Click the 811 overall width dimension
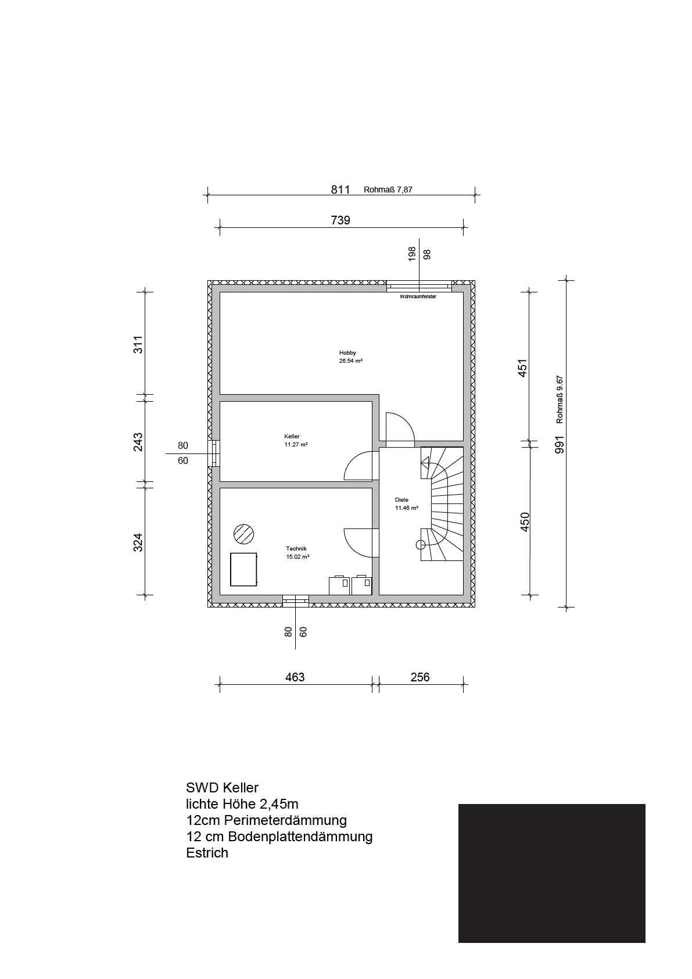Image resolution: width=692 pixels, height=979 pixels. (x=340, y=190)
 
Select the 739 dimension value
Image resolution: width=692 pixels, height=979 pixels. (x=340, y=220)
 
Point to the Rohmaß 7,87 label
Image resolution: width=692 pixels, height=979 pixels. (x=388, y=190)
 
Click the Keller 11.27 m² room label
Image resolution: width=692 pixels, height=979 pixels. (x=296, y=440)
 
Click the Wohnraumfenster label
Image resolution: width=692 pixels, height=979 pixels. (x=418, y=296)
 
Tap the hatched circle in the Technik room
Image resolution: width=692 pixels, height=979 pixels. (x=244, y=534)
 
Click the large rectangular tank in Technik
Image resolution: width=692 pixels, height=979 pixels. (x=244, y=569)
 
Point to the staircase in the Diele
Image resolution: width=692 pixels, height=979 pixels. (x=442, y=504)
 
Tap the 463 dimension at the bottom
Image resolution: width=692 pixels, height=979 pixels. (x=295, y=677)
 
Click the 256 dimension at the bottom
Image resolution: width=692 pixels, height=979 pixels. (x=420, y=677)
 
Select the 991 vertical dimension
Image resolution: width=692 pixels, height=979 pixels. (x=560, y=445)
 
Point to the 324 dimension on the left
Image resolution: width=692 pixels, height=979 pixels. (x=138, y=542)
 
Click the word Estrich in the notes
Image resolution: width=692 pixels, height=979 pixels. (x=207, y=853)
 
